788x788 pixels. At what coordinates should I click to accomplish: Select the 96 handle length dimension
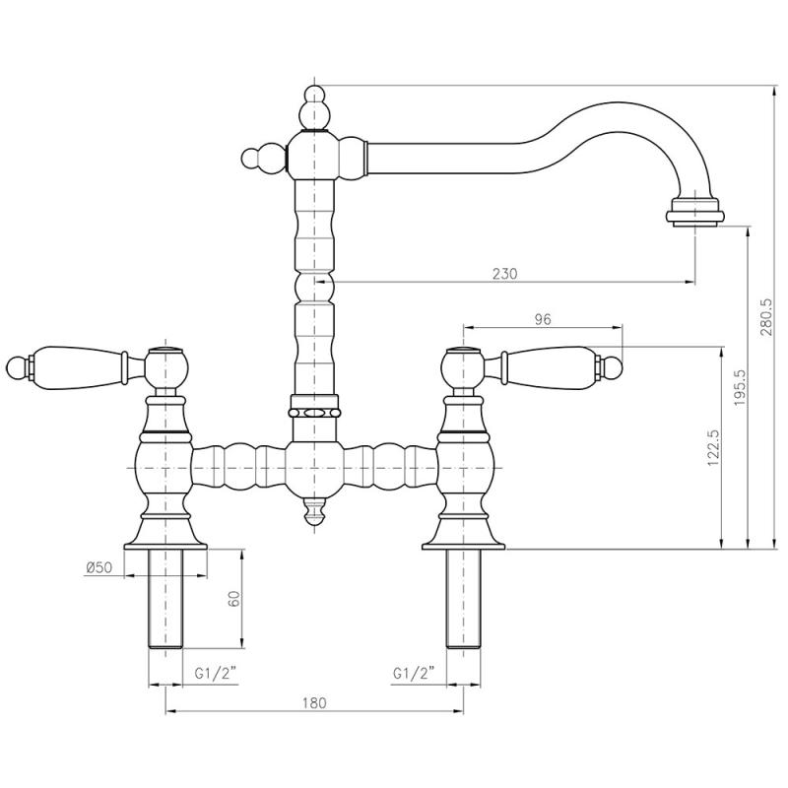pos(542,318)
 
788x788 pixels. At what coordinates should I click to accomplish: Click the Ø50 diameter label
pos(98,567)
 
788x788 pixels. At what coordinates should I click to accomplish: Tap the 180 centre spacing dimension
pos(313,701)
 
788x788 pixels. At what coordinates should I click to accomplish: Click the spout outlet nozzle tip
pos(697,212)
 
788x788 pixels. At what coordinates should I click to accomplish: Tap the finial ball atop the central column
pos(314,99)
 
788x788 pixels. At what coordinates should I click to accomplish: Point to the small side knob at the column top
pos(253,158)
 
